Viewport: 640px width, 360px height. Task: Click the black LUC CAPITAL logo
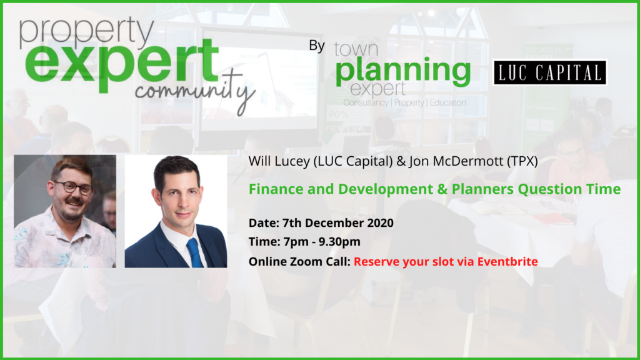tap(550, 72)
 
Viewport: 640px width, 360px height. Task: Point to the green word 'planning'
tap(403, 71)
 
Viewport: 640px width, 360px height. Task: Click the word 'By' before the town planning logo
tap(317, 45)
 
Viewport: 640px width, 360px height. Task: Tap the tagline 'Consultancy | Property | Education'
tap(404, 102)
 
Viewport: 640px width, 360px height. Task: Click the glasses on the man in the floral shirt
tap(74, 187)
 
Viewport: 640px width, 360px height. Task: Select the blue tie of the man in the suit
tap(194, 252)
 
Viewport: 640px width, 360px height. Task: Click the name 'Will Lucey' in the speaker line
tap(279, 161)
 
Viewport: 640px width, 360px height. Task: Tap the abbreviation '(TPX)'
tap(522, 161)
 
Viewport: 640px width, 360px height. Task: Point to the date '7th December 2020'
tap(338, 223)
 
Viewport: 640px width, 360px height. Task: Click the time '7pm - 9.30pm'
tap(322, 242)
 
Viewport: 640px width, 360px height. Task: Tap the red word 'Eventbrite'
tap(507, 261)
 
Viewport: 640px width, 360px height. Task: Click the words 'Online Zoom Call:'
tap(299, 261)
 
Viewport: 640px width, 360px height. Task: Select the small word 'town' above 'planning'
tap(356, 49)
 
